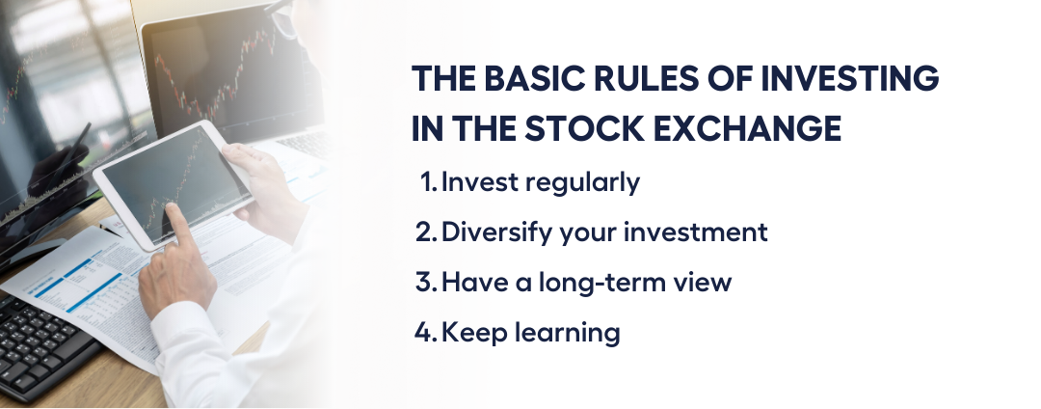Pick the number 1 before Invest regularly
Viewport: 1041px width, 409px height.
tap(428, 182)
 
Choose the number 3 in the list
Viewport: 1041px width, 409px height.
tap(425, 282)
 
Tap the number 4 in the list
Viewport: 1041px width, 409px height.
tap(425, 331)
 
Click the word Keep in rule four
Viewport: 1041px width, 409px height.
tap(472, 333)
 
